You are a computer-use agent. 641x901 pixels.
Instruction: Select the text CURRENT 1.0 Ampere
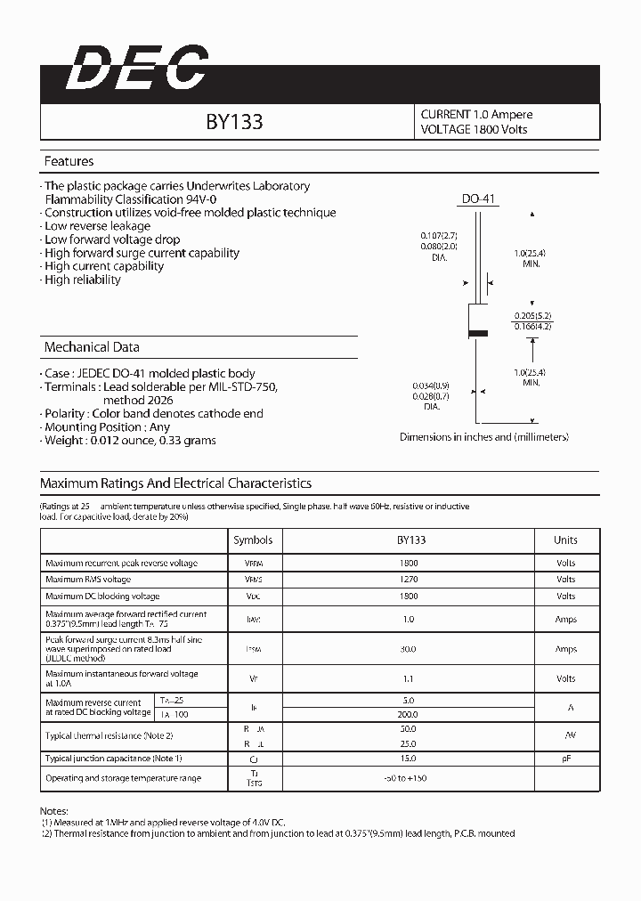[476, 115]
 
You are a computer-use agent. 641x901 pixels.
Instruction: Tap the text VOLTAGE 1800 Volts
[474, 130]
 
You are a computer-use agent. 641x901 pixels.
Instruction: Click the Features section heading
[69, 162]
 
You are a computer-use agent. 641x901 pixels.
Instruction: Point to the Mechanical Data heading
[92, 347]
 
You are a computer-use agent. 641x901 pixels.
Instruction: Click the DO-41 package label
[478, 199]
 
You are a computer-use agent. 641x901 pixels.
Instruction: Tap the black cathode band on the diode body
[478, 333]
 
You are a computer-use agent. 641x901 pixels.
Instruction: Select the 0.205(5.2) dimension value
[533, 316]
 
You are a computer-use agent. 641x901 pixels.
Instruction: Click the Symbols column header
[253, 540]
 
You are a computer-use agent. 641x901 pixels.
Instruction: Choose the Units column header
[565, 540]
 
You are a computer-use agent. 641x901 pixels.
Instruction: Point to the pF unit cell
[565, 759]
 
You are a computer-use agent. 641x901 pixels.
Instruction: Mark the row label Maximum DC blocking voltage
[102, 597]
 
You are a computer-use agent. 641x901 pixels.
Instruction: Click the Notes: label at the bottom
[55, 811]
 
